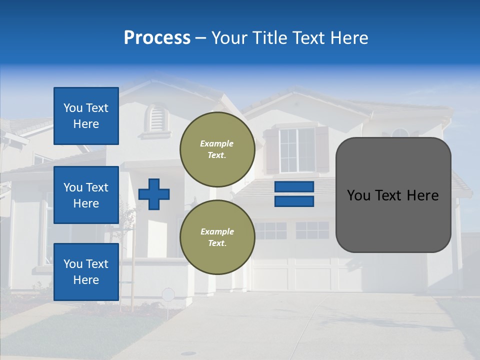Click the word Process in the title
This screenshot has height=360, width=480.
click(x=157, y=38)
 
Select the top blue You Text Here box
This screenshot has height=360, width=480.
click(x=86, y=116)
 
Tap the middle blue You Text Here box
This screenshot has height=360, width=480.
click(x=86, y=195)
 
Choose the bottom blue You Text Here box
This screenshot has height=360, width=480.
click(x=86, y=272)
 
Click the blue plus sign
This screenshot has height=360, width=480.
click(x=154, y=194)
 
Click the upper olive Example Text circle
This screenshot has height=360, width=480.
click(x=217, y=149)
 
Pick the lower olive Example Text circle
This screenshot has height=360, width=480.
click(x=217, y=237)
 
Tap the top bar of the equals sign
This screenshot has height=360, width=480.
click(x=294, y=186)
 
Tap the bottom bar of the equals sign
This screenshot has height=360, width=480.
click(x=294, y=201)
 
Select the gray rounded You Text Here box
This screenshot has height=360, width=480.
click(x=393, y=195)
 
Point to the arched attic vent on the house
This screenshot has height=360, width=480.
click(x=156, y=118)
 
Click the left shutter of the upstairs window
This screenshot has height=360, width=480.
click(x=270, y=151)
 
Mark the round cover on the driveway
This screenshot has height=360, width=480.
click(x=188, y=353)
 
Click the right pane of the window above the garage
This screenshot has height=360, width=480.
click(x=312, y=230)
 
